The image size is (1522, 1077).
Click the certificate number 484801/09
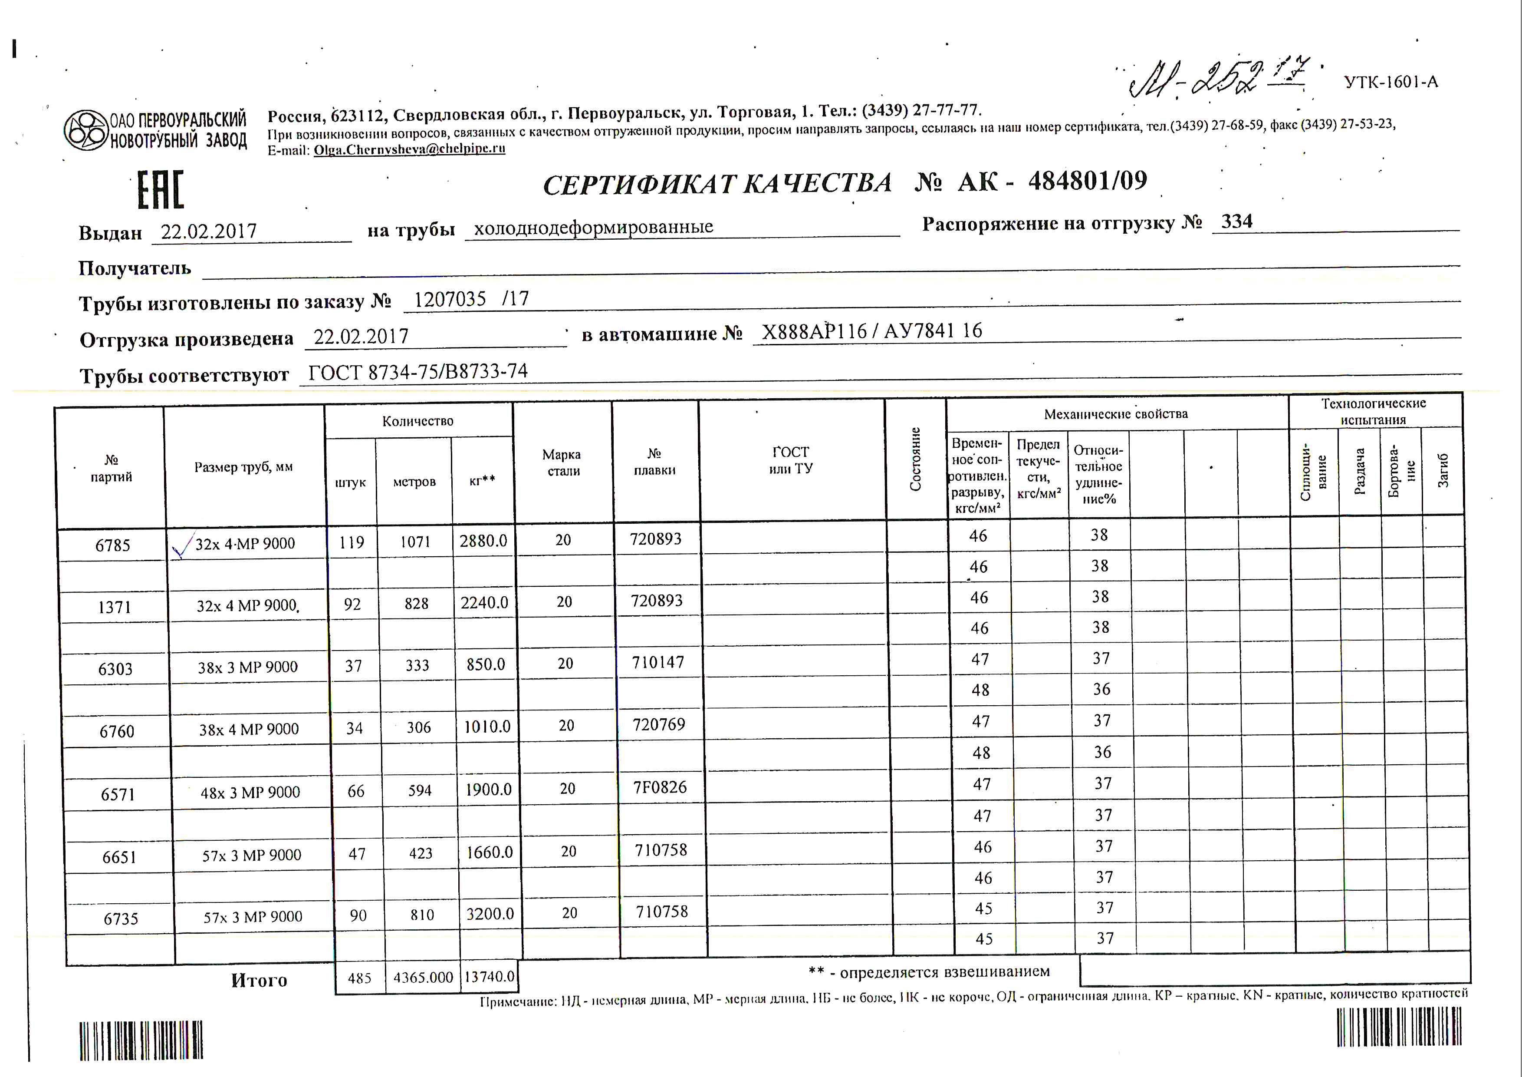point(1087,180)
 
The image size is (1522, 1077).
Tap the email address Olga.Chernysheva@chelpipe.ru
point(409,149)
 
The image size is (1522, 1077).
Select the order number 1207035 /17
point(471,299)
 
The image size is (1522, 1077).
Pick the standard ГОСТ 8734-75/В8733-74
point(417,372)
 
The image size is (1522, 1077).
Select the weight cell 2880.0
point(483,541)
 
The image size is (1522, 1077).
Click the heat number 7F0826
point(660,787)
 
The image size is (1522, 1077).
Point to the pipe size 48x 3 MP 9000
point(250,793)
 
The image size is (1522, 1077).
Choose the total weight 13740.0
point(489,977)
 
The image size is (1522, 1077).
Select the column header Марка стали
point(562,462)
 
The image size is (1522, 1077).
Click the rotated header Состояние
point(915,459)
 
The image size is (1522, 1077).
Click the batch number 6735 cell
point(121,918)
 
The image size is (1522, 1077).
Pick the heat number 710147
point(657,662)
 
